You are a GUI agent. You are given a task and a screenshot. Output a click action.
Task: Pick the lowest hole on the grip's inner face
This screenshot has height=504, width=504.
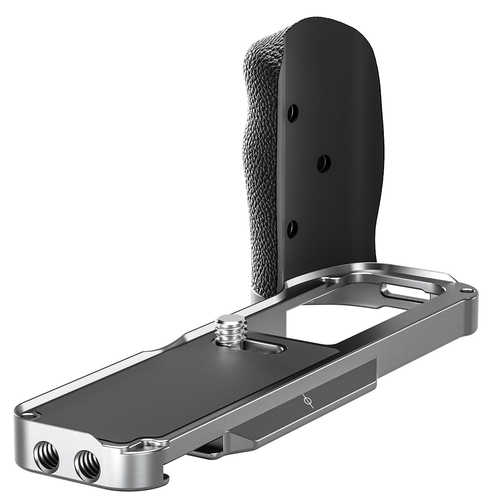(x=293, y=229)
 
